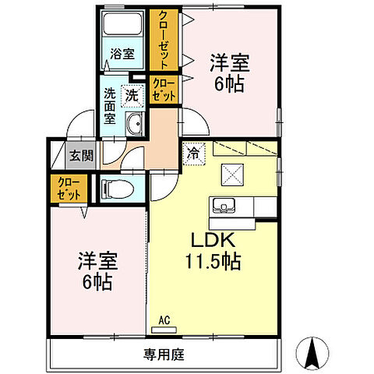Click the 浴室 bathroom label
tap(122, 55)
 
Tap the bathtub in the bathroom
tap(122, 26)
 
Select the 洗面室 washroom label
tap(111, 107)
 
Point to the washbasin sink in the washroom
tap(134, 122)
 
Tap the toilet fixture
tap(116, 187)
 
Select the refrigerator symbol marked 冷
tap(192, 153)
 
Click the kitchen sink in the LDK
tap(224, 206)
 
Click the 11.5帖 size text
tap(212, 262)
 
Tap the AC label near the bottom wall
tap(164, 319)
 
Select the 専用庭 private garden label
tap(163, 355)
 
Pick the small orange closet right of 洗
tap(164, 88)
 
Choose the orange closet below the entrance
tap(69, 189)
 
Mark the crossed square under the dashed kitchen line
tap(232, 174)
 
